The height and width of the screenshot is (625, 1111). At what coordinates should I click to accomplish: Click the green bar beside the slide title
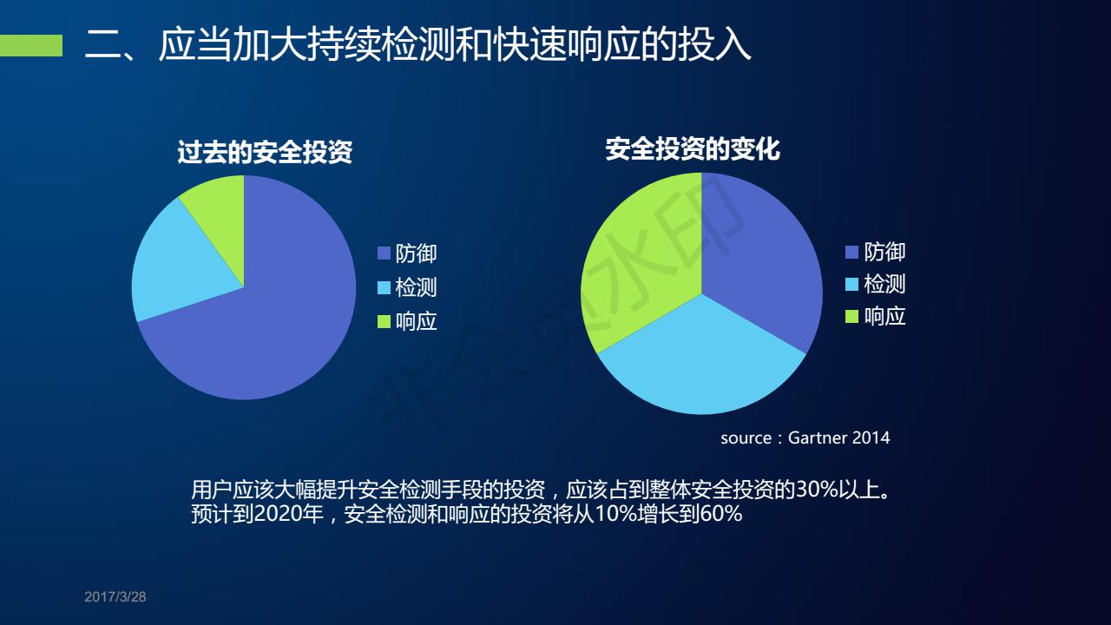click(30, 45)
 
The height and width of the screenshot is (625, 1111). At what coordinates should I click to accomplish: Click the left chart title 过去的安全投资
click(265, 152)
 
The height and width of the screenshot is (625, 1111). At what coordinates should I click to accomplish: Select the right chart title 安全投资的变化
click(693, 149)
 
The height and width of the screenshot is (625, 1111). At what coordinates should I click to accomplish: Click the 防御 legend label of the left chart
click(416, 253)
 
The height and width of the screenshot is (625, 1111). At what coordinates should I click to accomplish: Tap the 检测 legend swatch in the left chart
click(384, 288)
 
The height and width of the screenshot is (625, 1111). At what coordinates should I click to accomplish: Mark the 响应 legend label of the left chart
click(416, 322)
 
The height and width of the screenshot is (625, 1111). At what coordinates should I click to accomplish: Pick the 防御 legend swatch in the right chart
click(851, 253)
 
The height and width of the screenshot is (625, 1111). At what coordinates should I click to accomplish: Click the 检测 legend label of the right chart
click(884, 284)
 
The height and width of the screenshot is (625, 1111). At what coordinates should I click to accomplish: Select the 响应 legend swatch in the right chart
click(851, 317)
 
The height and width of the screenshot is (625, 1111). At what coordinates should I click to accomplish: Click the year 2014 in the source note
click(871, 438)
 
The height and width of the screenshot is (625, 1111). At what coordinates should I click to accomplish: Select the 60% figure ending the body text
click(721, 514)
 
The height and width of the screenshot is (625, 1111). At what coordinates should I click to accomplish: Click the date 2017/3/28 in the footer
click(115, 596)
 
